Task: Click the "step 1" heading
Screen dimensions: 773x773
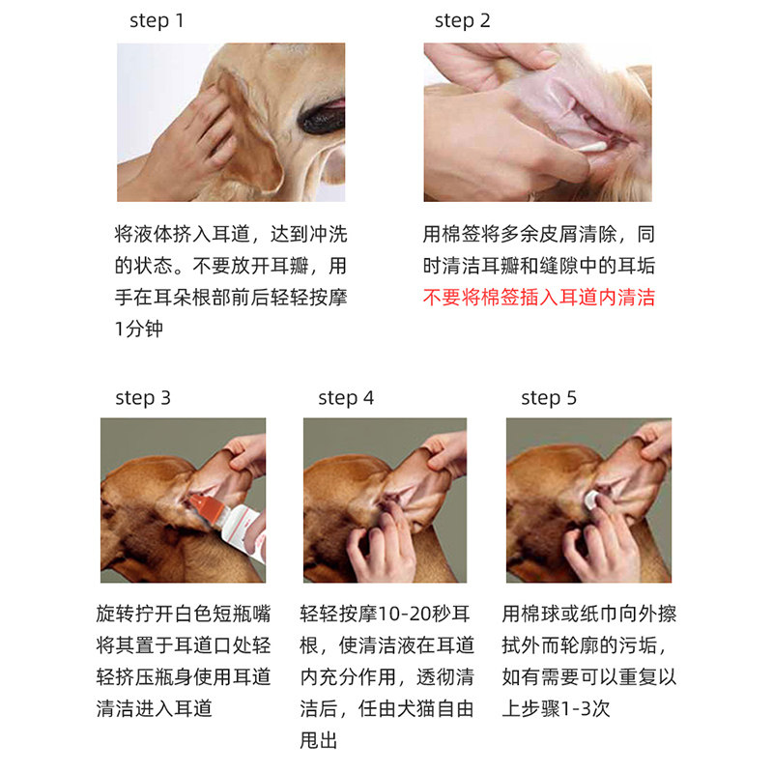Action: (157, 21)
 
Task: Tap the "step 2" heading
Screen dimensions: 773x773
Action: (463, 21)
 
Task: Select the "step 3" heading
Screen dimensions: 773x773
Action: (143, 398)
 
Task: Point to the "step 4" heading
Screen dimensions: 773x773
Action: (346, 398)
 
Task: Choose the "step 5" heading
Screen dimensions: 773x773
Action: (549, 398)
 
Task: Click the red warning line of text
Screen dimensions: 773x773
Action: (539, 298)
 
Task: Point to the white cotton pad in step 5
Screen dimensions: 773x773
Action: (590, 500)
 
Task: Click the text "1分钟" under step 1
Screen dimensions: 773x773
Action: (138, 329)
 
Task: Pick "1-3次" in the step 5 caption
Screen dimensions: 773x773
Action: (586, 709)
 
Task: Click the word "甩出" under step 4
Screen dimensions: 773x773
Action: (319, 740)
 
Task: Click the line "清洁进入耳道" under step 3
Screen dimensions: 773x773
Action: (155, 709)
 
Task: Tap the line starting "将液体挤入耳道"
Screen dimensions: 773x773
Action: (231, 234)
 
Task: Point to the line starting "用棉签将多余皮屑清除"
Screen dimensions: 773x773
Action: (539, 234)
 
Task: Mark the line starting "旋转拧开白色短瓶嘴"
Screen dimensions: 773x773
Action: (184, 614)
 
